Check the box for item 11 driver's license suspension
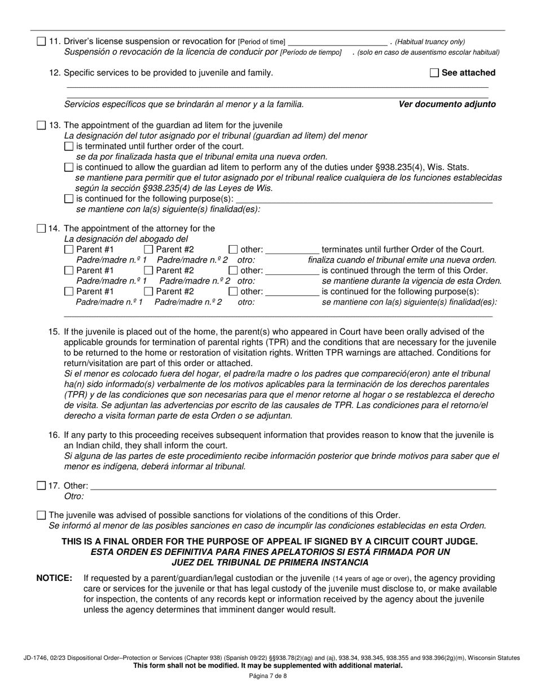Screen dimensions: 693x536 [41, 42]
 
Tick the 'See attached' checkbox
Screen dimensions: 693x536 [434, 73]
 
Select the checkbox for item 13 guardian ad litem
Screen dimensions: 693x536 [41, 125]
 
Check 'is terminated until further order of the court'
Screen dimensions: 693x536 [69, 146]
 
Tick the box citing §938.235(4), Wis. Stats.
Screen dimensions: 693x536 [69, 167]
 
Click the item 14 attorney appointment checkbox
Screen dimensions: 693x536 [41, 229]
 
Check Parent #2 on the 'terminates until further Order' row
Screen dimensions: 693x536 [148, 250]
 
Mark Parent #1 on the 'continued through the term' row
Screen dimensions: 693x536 [69, 271]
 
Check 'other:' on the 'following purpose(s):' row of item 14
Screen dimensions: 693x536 [233, 292]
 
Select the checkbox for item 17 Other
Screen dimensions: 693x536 [41, 486]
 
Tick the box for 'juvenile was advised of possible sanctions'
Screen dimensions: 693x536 [41, 515]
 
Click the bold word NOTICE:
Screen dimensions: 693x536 [54, 578]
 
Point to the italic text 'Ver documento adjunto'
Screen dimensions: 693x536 [447, 104]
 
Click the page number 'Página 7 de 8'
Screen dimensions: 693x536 [268, 676]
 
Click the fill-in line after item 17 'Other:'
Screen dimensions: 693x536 [293, 486]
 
